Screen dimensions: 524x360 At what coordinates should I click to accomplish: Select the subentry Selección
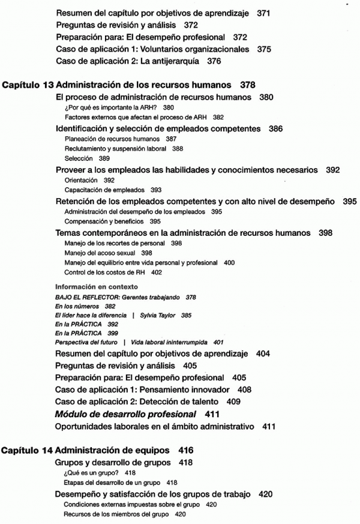tap(78, 158)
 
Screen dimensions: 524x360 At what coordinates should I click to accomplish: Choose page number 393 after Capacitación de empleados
tap(157, 189)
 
